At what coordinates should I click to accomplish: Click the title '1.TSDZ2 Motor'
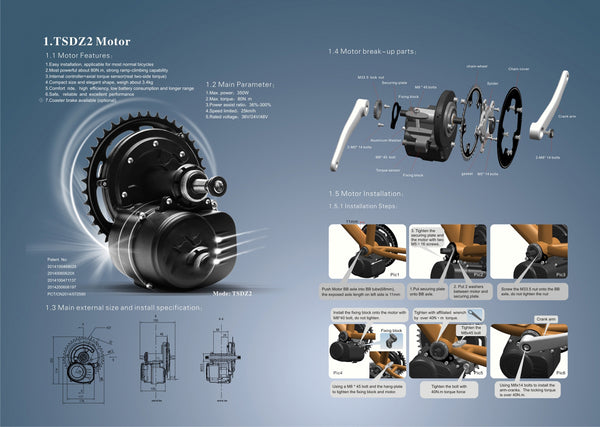85,41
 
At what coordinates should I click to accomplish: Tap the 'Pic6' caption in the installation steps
561,372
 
